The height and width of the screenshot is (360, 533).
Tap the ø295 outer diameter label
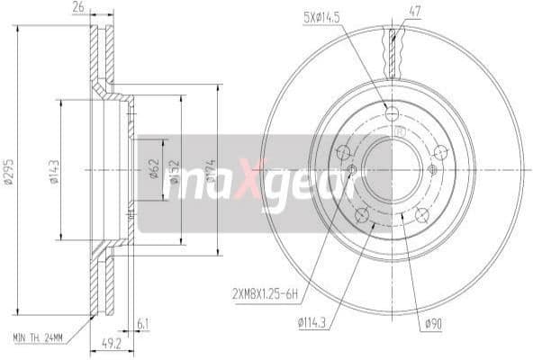[7, 171]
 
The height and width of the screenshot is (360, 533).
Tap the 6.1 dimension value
[144, 323]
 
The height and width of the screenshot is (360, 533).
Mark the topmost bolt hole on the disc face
[391, 113]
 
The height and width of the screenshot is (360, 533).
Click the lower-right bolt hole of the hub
[421, 213]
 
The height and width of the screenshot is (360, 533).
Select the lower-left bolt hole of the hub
[361, 213]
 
